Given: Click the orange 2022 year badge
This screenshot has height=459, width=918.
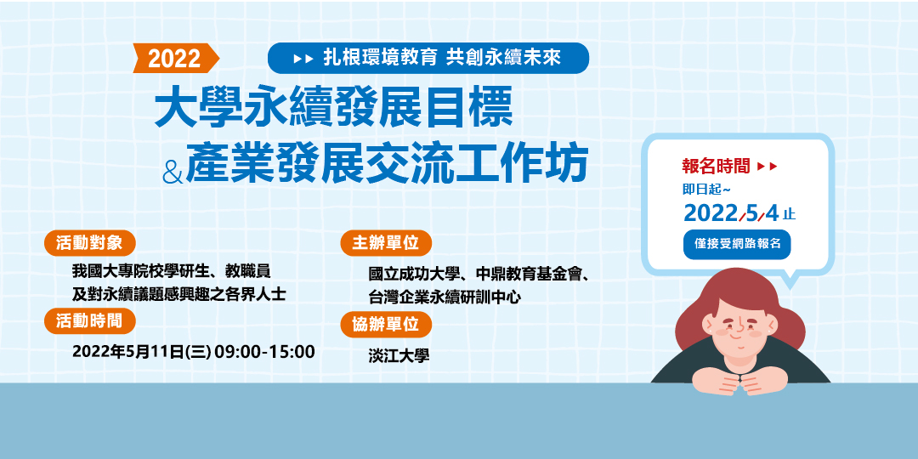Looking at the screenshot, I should (175, 58).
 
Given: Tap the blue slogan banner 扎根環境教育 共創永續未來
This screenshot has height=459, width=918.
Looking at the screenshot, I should (428, 58).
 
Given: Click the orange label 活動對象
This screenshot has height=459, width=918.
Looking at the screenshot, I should (89, 242).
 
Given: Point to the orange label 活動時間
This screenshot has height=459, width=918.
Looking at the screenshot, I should (89, 320).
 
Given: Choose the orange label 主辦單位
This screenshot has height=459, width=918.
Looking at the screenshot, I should (386, 243).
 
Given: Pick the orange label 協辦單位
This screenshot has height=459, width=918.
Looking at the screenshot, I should (386, 324).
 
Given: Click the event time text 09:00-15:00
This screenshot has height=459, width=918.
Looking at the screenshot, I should (264, 351).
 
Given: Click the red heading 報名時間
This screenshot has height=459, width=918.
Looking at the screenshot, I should (716, 165).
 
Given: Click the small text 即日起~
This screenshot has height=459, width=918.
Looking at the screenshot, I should (706, 189).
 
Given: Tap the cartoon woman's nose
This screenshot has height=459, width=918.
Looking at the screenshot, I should (741, 326).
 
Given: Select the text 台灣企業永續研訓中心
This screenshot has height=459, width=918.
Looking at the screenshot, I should (445, 297).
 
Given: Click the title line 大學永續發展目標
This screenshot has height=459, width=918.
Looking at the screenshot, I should (332, 110).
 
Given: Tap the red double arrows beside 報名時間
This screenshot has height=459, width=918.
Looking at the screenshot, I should (767, 165).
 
